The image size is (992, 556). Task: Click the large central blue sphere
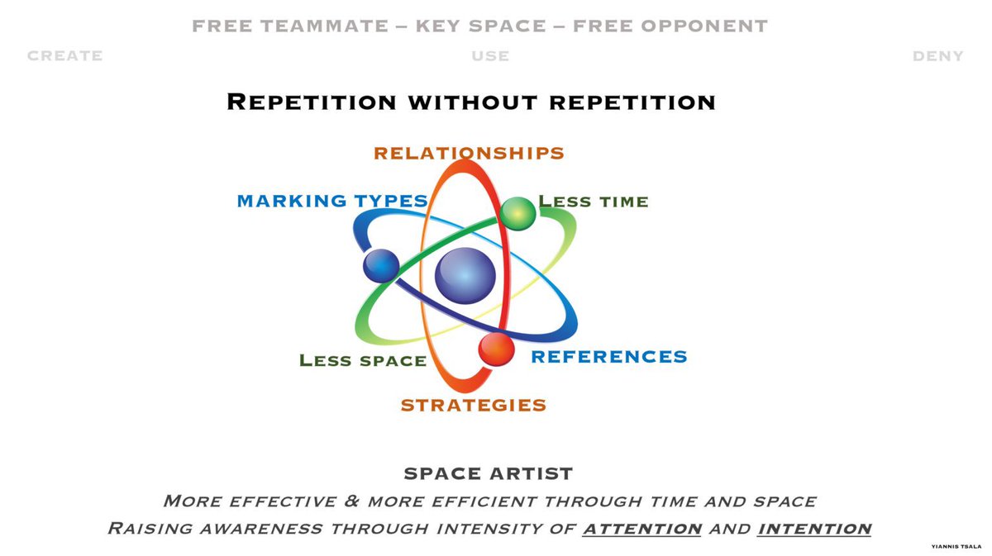[x=465, y=275]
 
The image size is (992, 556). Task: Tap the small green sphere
[x=517, y=212]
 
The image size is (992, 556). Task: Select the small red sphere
[x=496, y=349]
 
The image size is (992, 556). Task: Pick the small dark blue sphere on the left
[x=381, y=265]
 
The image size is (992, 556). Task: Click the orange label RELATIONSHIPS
[x=469, y=154]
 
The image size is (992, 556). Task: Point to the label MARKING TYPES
[x=332, y=202]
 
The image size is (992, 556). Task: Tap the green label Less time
[x=594, y=202]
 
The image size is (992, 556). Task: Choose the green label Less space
[x=363, y=360]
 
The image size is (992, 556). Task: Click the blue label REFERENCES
[x=608, y=357]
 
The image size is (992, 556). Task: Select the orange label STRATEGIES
[x=473, y=405]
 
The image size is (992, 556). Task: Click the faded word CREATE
[x=65, y=56]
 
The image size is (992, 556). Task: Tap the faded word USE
[x=490, y=56]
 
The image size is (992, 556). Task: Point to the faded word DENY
[x=937, y=56]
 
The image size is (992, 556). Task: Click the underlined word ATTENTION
[x=642, y=529]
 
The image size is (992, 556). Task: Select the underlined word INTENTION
[x=814, y=529]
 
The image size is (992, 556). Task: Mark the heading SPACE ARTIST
[x=488, y=474]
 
